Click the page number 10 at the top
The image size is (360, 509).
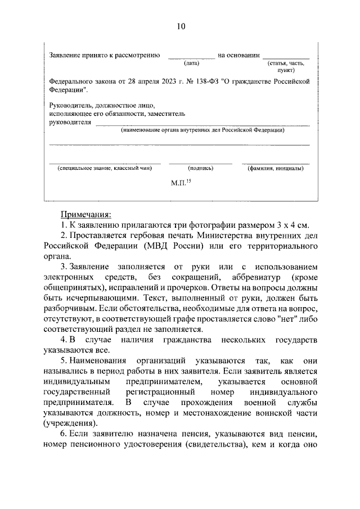point(180,26)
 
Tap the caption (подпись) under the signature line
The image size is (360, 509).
point(201,168)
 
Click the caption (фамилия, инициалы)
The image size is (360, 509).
point(276,168)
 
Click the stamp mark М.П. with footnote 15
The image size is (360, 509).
point(181,183)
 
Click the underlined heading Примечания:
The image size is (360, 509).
point(86,214)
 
